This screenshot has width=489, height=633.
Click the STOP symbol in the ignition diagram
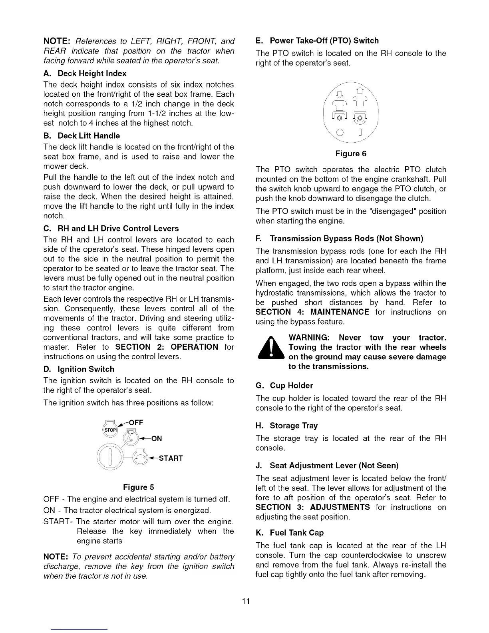110,430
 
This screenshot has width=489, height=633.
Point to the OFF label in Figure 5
136,423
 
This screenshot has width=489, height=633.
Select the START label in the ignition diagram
171,458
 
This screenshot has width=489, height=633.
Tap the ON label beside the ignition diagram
157,439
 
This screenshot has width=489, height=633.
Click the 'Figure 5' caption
139,487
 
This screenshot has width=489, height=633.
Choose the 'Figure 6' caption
351,154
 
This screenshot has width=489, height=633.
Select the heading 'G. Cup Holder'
284,386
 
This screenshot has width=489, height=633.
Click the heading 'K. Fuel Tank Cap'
290,533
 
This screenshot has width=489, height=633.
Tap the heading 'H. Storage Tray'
287,426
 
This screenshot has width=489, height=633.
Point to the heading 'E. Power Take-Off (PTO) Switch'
317,41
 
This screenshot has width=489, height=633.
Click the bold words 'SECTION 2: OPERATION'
167,347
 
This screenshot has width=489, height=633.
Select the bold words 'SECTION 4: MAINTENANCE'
312,312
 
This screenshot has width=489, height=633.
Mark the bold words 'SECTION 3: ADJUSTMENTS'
313,508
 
